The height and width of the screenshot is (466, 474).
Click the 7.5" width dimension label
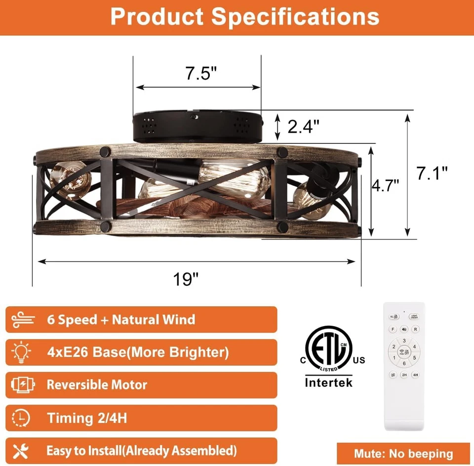[x=201, y=74]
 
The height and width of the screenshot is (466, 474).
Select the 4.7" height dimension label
[x=385, y=185]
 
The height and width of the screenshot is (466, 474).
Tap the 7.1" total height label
[x=432, y=172]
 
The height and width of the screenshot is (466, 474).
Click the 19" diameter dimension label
[x=186, y=279]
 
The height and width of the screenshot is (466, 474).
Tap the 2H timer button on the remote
[x=404, y=375]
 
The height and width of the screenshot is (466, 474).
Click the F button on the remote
[x=393, y=329]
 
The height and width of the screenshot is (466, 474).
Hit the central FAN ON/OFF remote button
[x=404, y=352]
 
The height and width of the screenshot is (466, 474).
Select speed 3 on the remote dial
[x=404, y=340]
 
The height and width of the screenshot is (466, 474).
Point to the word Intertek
[x=329, y=382]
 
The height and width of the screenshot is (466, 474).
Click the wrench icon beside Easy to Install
[x=21, y=451]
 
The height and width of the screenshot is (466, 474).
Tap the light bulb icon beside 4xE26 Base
[x=21, y=352]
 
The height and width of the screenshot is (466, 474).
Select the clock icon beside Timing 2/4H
[x=21, y=418]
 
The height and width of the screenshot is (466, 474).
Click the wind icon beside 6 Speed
[x=21, y=319]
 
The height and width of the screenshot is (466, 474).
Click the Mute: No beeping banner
[x=403, y=454]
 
